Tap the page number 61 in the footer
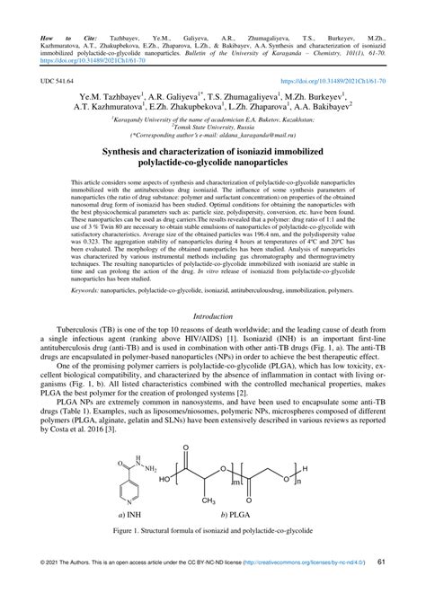[382, 587]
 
